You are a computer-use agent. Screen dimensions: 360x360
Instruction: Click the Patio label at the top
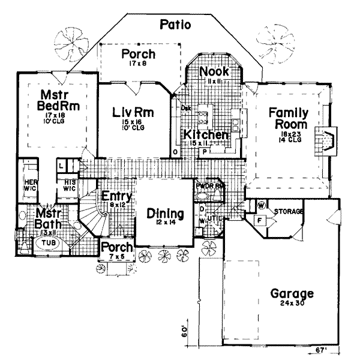tap(175, 25)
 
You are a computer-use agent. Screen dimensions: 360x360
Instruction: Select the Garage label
tap(292, 294)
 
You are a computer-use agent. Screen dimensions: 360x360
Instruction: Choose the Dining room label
tap(164, 212)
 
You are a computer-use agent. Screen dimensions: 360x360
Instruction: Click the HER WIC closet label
tap(30, 182)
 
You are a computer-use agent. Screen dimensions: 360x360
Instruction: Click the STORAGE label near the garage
tap(288, 212)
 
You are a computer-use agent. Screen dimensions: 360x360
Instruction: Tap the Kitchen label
tap(205, 134)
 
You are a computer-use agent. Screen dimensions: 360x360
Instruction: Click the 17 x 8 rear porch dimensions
tap(139, 65)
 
